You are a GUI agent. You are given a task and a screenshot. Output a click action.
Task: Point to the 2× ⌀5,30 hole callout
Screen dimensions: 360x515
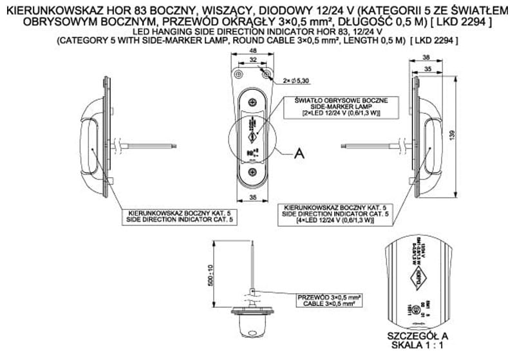click(298, 81)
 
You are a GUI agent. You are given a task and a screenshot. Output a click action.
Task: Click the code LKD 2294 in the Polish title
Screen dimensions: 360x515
click(471, 22)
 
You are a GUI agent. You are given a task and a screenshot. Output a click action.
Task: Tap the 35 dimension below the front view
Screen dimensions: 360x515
click(252, 198)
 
